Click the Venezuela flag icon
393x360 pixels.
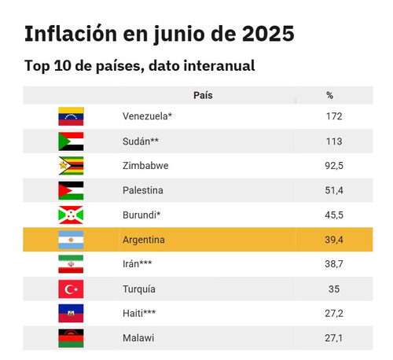[71, 116]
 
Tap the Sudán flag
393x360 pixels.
[71, 141]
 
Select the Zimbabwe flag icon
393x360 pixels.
[71, 166]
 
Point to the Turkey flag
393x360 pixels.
[71, 289]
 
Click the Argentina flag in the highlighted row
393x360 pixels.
[71, 240]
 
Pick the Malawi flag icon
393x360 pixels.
[71, 338]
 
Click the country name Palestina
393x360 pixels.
[143, 190]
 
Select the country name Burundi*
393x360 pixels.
[141, 215]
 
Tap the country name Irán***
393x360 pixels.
[138, 263]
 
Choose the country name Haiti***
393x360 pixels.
[139, 313]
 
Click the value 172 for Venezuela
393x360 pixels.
[334, 116]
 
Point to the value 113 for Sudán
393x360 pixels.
[334, 141]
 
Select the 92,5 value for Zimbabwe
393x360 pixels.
[334, 166]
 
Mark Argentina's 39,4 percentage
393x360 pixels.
[334, 240]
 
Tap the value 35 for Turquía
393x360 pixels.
[334, 289]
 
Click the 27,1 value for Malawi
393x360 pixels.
[334, 338]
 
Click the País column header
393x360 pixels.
[203, 95]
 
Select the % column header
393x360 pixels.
[330, 95]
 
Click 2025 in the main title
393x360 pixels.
[268, 34]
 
